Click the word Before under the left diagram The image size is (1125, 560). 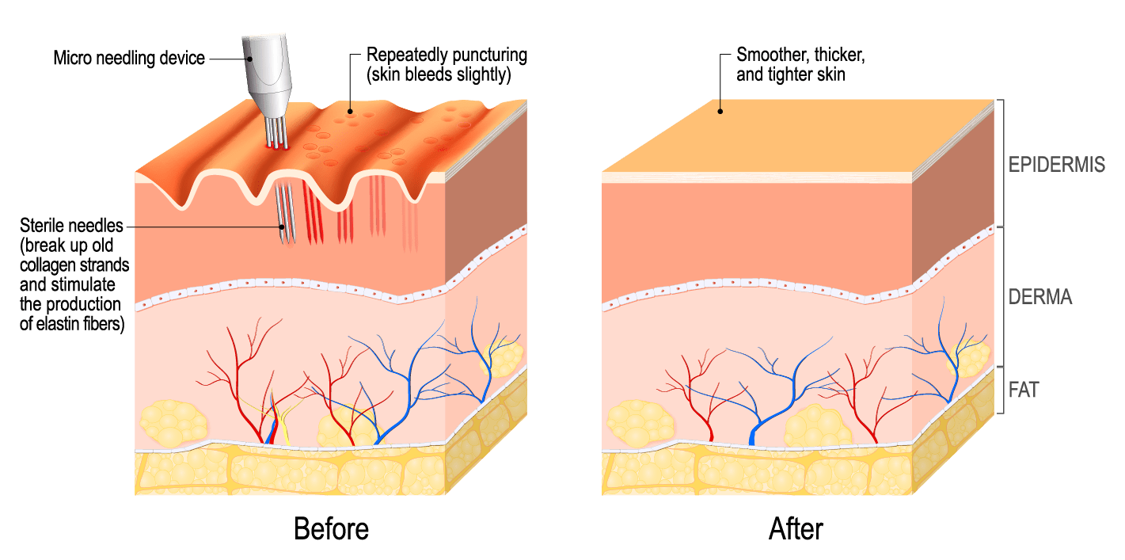(331, 529)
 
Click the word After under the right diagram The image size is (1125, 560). (796, 529)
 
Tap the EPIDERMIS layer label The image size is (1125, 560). (1057, 165)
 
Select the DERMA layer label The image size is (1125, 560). (1040, 297)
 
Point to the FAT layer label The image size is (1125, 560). (1024, 390)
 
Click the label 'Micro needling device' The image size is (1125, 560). (129, 59)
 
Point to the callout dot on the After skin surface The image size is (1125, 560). (720, 112)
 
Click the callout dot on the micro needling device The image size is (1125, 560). (249, 59)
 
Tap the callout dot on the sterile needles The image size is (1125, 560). (283, 227)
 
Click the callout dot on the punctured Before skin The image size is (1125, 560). (350, 112)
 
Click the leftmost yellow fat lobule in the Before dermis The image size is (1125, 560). (173, 423)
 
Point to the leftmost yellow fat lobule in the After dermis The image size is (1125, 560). (640, 423)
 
